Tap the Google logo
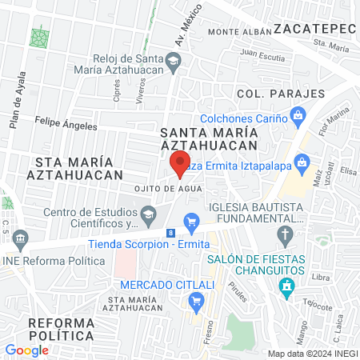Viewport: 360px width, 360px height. click(x=26, y=350)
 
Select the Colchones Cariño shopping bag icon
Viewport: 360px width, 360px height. click(x=298, y=118)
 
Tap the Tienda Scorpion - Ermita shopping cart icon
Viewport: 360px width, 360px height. click(x=190, y=221)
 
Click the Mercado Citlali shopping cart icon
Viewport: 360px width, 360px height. click(x=196, y=301)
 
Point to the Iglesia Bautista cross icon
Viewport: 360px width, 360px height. click(x=285, y=235)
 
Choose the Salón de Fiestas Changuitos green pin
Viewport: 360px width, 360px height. click(x=286, y=289)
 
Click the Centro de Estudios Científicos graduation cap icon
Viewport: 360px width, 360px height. click(x=148, y=214)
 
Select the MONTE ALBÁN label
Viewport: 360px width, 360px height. click(x=236, y=32)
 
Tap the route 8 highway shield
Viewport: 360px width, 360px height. click(x=170, y=233)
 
